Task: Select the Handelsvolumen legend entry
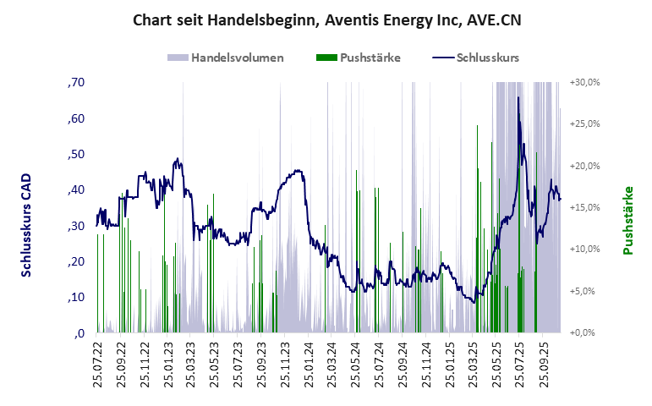(237, 58)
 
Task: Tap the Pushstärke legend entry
(370, 58)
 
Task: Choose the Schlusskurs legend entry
(487, 58)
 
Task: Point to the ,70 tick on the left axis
(74, 83)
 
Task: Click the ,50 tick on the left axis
(74, 154)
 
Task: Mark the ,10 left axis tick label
(74, 297)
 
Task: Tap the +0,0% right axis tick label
(586, 332)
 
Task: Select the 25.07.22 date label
(97, 363)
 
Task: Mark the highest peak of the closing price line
(518, 121)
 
